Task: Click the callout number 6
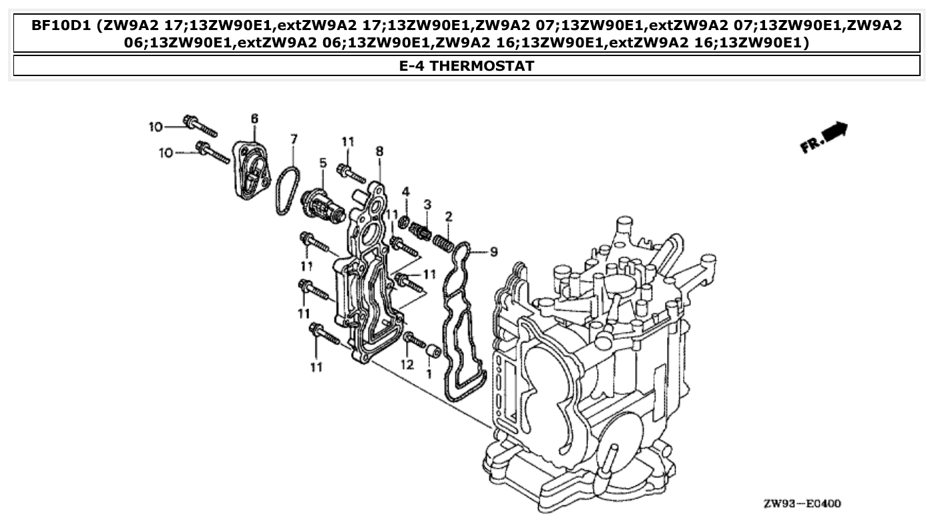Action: (x=254, y=119)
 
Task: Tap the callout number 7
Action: (x=294, y=139)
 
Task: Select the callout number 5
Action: (x=322, y=162)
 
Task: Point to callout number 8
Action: (x=379, y=152)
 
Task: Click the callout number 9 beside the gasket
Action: (x=493, y=252)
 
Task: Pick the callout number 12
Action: (x=407, y=364)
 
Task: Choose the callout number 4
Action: (x=405, y=192)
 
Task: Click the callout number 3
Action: (x=428, y=203)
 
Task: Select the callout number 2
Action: (x=449, y=216)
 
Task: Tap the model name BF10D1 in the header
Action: (x=62, y=27)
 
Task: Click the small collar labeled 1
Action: (x=432, y=350)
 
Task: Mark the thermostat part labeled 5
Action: (x=324, y=204)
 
